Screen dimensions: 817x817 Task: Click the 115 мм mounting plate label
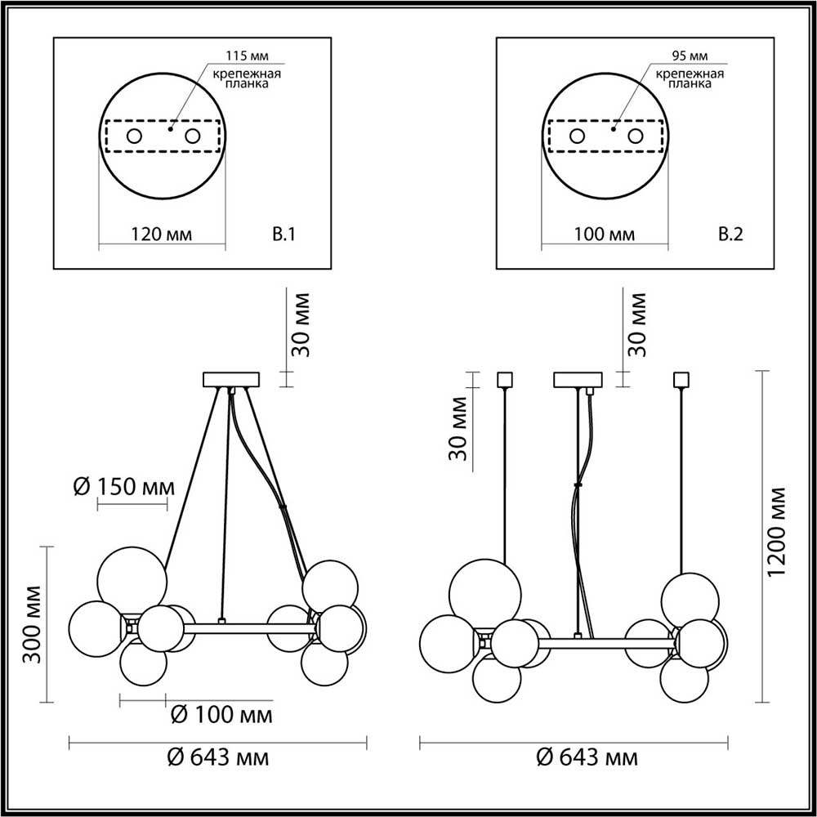click(x=246, y=56)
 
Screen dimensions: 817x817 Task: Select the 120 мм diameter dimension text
click(x=162, y=235)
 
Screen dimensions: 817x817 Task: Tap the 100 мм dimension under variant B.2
click(x=605, y=235)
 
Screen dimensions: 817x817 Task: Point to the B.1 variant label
click(x=283, y=235)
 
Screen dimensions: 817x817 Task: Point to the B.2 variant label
click(x=729, y=235)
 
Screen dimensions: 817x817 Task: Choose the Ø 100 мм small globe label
click(x=221, y=716)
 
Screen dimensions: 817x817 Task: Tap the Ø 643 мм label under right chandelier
click(x=587, y=757)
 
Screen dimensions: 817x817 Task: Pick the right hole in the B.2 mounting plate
click(x=636, y=136)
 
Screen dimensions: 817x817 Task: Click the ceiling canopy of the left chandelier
click(x=230, y=379)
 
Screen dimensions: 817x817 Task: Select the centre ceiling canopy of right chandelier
click(x=578, y=379)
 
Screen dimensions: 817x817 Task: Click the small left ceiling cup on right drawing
click(x=504, y=379)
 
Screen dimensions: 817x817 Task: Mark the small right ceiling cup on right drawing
click(x=680, y=379)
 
